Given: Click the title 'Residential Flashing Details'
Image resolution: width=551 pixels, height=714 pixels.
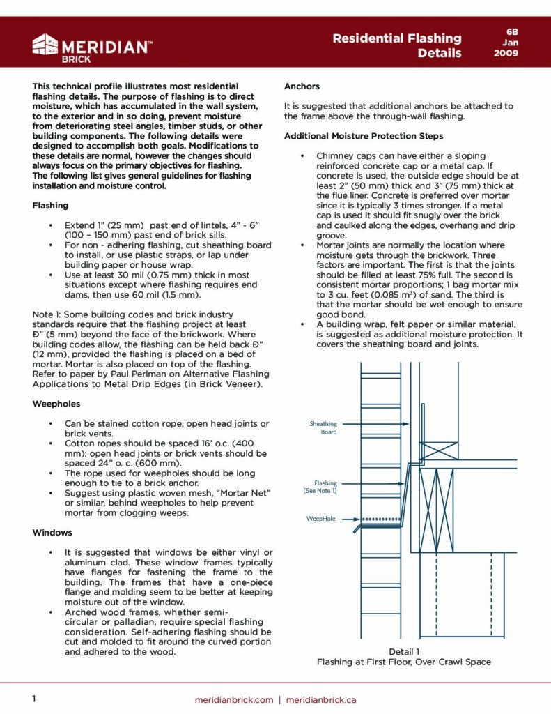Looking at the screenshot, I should click(397, 45).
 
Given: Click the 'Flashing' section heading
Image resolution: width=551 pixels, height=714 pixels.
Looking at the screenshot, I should click(50, 206).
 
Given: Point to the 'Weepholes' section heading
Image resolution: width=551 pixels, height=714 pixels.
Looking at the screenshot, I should click(56, 404).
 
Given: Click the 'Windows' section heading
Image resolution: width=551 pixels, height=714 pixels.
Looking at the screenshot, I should click(52, 533).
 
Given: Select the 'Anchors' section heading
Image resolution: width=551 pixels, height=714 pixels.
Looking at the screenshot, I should click(302, 86).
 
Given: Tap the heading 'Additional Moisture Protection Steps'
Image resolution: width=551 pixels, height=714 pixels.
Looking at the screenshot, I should click(363, 136).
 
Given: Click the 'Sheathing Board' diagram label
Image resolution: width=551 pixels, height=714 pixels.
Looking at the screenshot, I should click(323, 427).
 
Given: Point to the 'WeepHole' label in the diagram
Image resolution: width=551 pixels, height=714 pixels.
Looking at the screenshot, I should click(321, 519).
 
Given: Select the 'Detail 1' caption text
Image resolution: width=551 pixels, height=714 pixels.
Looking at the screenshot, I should click(403, 651).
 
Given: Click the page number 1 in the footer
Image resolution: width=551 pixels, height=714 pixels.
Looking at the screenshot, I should click(34, 699).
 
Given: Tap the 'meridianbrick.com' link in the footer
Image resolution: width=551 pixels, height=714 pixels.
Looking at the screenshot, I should click(233, 699).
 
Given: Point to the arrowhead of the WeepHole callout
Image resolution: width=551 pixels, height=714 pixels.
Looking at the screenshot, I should click(359, 519).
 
